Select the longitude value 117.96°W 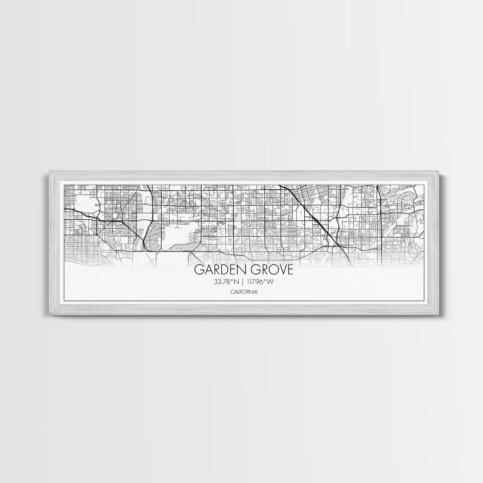[x=260, y=282]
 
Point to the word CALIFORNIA [x=244, y=292]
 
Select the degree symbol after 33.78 [x=233, y=280]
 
